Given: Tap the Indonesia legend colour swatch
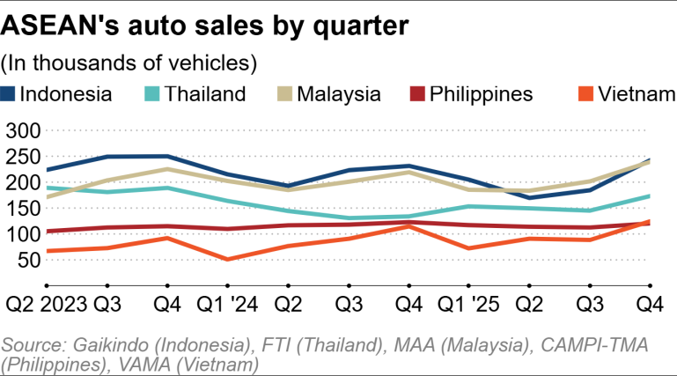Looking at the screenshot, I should tap(10, 93).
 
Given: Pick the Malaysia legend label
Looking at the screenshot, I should tap(339, 93).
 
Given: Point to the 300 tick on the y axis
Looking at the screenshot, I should tap(23, 131).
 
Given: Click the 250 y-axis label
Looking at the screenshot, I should tap(23, 157).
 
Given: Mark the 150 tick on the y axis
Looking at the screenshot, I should tap(23, 208).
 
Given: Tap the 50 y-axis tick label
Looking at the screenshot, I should tap(30, 259).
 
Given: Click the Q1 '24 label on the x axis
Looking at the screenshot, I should tap(227, 305).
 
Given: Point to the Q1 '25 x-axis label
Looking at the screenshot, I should tap(467, 305).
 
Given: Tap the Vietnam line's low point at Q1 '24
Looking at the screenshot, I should tap(228, 259).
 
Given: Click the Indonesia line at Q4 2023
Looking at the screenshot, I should tap(167, 157).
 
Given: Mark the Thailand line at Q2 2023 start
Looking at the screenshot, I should tap(46, 188).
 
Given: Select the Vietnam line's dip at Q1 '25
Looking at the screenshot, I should tap(468, 247).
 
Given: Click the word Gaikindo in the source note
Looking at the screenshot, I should tap(104, 343).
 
